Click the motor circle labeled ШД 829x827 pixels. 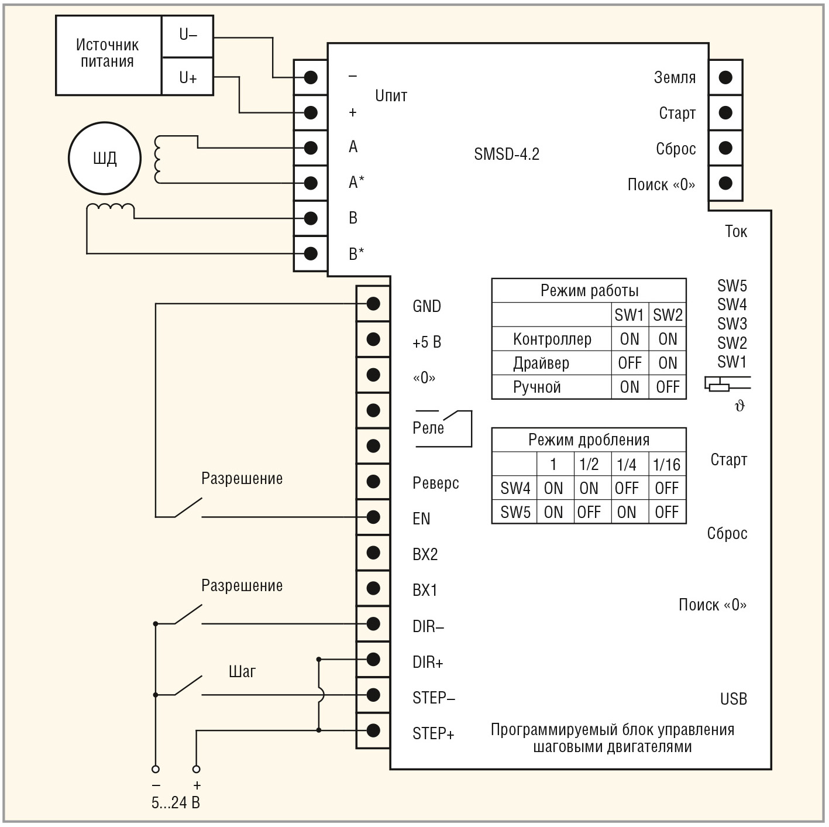tap(105, 157)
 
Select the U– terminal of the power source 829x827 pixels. tap(187, 36)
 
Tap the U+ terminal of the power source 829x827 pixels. tap(187, 77)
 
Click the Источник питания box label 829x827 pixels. tap(108, 54)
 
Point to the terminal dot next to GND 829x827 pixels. tap(373, 303)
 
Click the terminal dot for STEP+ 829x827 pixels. tap(373, 730)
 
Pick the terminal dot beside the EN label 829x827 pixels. tap(373, 517)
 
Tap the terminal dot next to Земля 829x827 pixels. tap(725, 77)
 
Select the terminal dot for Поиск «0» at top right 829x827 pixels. tap(725, 183)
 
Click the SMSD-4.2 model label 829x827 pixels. tap(507, 155)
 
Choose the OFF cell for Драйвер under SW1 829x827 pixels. tap(630, 363)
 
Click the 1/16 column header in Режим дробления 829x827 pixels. tap(666, 465)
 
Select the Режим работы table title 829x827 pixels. tap(589, 291)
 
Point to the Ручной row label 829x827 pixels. tap(537, 387)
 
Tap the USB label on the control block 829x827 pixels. tap(733, 699)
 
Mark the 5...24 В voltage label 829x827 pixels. tap(176, 802)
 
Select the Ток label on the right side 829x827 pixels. tap(735, 232)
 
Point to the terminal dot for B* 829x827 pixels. tap(311, 253)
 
